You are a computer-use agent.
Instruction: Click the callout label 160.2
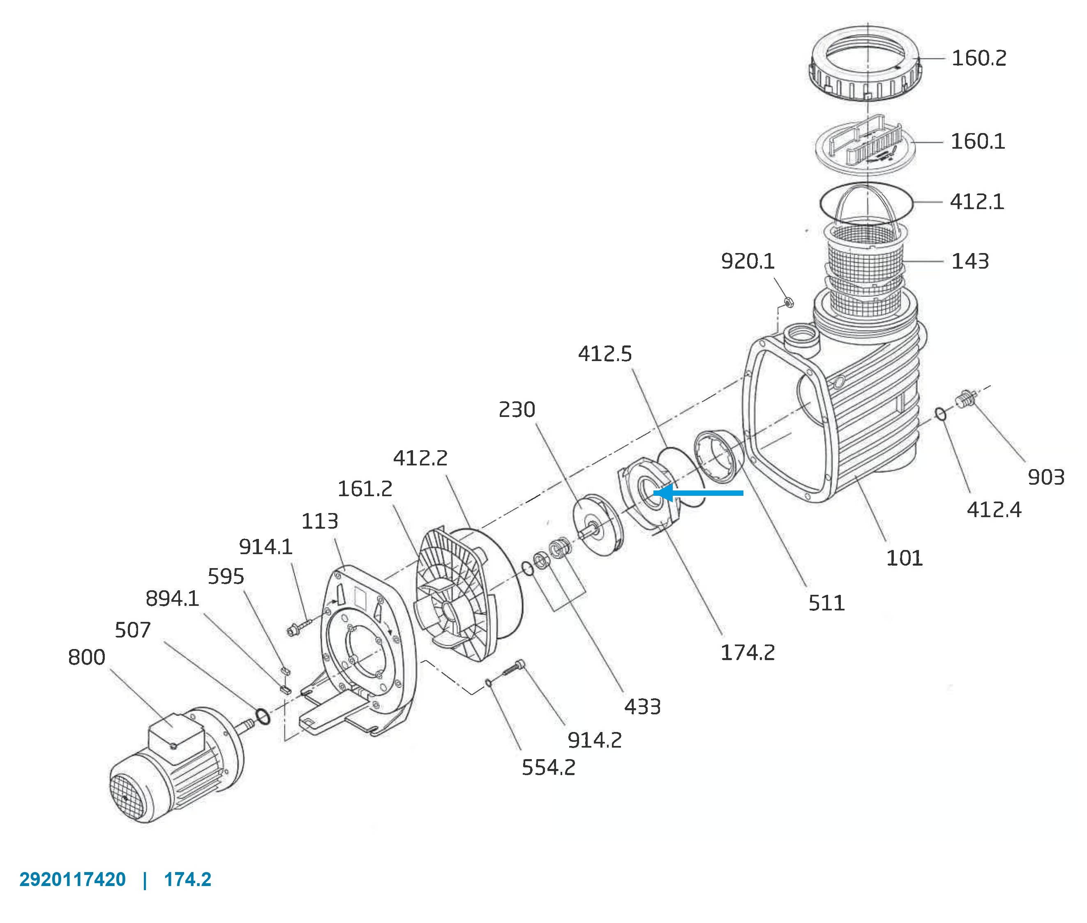coord(978,58)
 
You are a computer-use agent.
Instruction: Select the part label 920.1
coord(748,261)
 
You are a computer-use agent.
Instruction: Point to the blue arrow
coord(698,493)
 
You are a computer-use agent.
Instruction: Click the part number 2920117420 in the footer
coord(73,879)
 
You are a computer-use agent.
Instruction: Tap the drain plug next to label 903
coord(967,399)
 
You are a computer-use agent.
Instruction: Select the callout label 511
coord(826,603)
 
